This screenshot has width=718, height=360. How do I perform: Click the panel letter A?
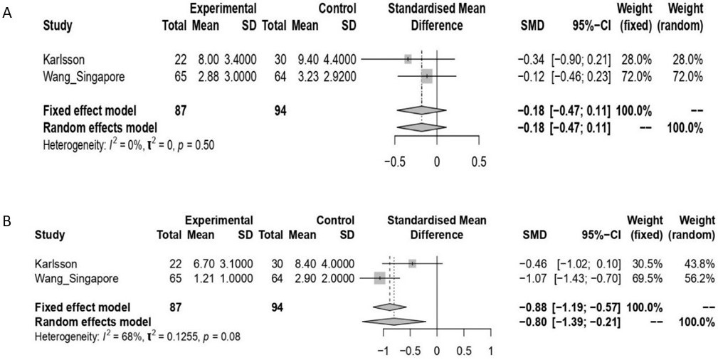point(8,13)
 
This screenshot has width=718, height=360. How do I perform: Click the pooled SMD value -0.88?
point(531,307)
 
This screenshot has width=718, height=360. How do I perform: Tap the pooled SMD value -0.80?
point(531,322)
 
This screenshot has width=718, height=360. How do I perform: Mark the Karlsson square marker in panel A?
point(408,59)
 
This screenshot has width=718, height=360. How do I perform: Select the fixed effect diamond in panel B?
point(389,307)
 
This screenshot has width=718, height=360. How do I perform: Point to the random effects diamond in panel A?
point(422,127)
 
